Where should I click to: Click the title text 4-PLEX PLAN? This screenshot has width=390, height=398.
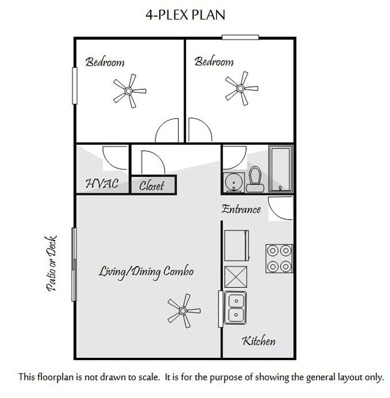pyautogui.click(x=185, y=15)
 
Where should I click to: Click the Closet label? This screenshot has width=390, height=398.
pyautogui.click(x=152, y=185)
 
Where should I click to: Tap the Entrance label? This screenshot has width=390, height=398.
pyautogui.click(x=241, y=210)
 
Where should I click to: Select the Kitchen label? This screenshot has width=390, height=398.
pyautogui.click(x=259, y=342)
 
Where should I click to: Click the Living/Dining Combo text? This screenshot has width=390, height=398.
pyautogui.click(x=146, y=272)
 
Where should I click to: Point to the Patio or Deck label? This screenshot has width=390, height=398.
pyautogui.click(x=52, y=263)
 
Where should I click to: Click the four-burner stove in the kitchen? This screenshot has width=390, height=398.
pyautogui.click(x=279, y=258)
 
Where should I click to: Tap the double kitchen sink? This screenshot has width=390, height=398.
pyautogui.click(x=236, y=307)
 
